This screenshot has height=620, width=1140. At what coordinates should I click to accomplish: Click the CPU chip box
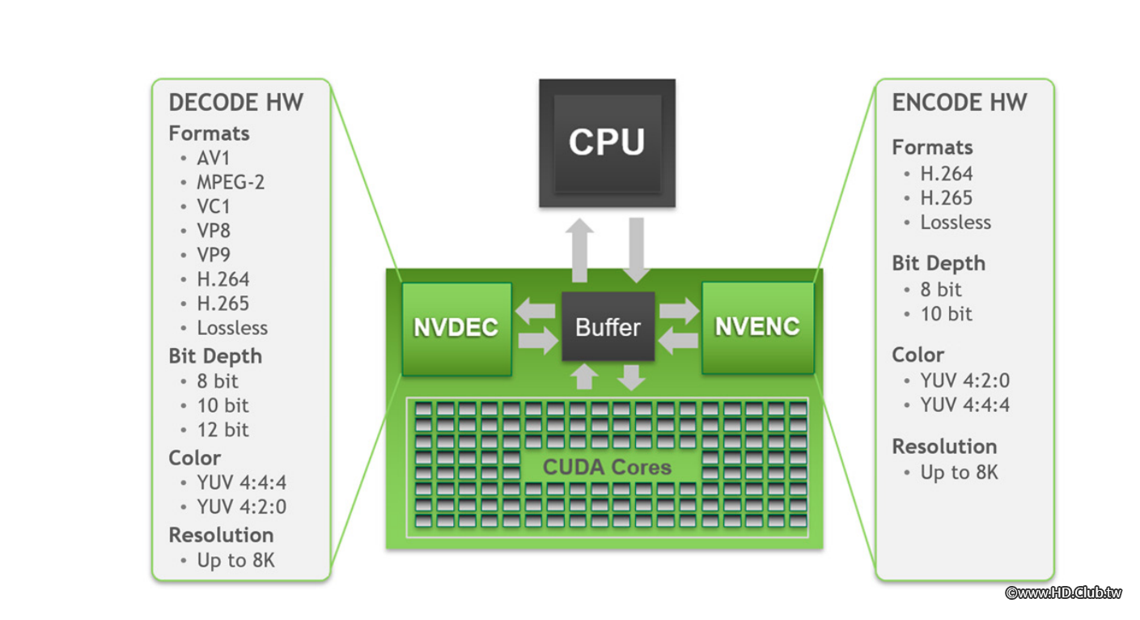[x=607, y=142]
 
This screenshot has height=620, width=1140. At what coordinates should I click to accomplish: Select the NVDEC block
[x=456, y=328]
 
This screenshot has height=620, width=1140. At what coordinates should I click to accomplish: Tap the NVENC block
[x=757, y=327]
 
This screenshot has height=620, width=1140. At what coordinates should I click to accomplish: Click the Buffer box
[x=608, y=327]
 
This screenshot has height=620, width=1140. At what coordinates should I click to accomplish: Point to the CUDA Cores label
[x=607, y=467]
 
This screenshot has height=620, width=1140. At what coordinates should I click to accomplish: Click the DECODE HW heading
[x=235, y=103]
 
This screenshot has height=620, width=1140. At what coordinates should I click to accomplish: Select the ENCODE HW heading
[x=959, y=103]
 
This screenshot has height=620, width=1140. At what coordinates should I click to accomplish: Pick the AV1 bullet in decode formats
[x=214, y=158]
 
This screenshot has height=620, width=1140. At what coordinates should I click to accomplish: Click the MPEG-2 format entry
[x=231, y=182]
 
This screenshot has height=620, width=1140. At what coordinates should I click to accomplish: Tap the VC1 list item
[x=214, y=206]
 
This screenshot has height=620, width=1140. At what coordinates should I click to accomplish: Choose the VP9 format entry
[x=214, y=255]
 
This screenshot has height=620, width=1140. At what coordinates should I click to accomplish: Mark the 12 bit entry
[x=222, y=430]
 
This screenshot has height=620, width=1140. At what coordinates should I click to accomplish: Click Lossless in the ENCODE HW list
[x=956, y=223]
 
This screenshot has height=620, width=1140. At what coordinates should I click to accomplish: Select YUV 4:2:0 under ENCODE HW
[x=964, y=380]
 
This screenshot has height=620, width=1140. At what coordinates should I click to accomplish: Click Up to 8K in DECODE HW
[x=235, y=560]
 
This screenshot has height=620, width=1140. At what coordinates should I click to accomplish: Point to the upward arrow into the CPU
[x=579, y=249]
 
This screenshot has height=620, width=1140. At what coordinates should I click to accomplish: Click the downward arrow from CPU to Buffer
[x=636, y=249]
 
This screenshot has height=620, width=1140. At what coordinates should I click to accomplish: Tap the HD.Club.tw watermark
[x=1063, y=592]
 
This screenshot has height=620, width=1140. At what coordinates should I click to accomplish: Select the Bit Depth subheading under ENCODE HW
[x=939, y=264]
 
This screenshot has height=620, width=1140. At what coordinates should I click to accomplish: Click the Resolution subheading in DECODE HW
[x=221, y=535]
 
